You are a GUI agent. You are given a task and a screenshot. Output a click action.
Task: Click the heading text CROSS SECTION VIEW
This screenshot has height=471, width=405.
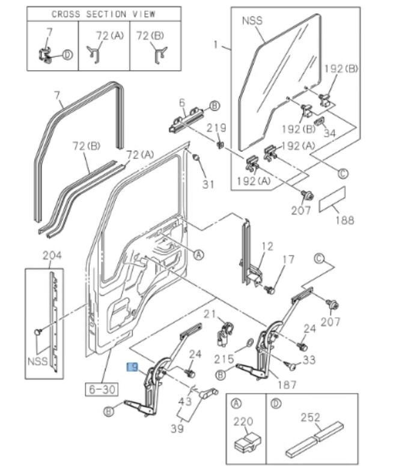click(x=103, y=14)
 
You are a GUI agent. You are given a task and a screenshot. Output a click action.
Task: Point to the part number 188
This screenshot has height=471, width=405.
click(x=344, y=220)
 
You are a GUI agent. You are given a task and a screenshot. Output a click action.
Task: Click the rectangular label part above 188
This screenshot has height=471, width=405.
click(x=332, y=199)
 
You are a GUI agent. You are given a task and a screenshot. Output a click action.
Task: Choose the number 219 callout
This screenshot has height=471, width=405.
click(x=216, y=128)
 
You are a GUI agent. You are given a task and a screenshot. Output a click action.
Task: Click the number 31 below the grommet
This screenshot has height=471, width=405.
click(x=207, y=184)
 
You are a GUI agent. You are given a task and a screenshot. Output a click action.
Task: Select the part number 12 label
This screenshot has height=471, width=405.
click(x=267, y=246)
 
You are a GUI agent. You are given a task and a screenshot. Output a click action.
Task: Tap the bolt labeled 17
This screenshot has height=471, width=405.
click(x=270, y=290)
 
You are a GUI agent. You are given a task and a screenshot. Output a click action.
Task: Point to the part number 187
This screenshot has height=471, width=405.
click(x=286, y=384)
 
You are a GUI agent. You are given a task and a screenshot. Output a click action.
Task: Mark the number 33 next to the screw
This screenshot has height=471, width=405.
click(x=308, y=359)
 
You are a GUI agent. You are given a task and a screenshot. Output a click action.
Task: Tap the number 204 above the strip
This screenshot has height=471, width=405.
click(x=52, y=257)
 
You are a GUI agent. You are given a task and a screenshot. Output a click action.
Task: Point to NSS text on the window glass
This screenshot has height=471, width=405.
click(x=253, y=20)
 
